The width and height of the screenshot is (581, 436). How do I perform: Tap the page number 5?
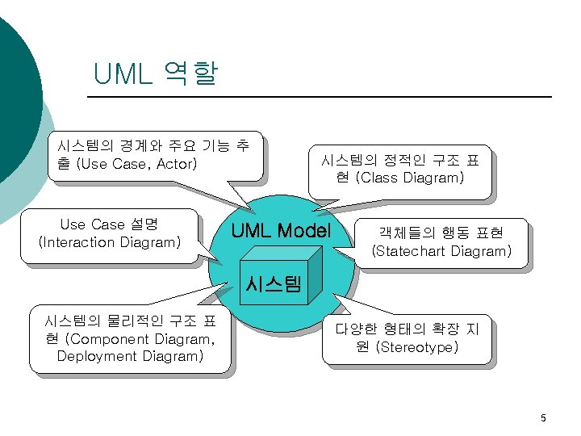coord(543,417)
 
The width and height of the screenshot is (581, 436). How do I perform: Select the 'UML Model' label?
coord(281,232)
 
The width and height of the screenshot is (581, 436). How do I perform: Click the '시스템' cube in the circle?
coord(274,284)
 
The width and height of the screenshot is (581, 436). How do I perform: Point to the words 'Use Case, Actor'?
coord(136,164)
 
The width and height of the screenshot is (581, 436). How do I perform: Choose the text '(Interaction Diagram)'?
coord(110,242)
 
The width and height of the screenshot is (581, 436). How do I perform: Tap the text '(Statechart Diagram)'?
coord(441,251)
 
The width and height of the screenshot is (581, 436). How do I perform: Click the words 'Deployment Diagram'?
coord(130,356)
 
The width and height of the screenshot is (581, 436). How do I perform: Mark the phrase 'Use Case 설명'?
coord(109,224)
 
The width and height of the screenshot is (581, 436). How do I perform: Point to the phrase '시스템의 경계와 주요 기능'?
coord(143,146)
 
